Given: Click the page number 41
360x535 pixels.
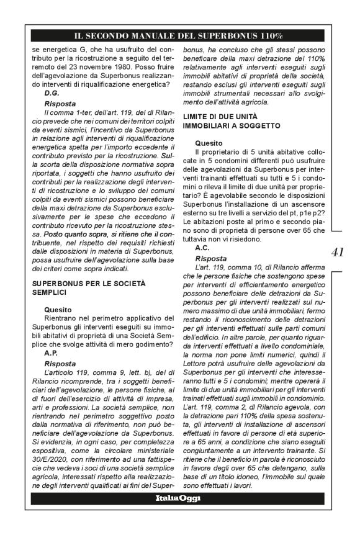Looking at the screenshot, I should coord(338,251).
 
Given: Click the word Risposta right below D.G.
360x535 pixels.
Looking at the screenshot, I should coord(61,101).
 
